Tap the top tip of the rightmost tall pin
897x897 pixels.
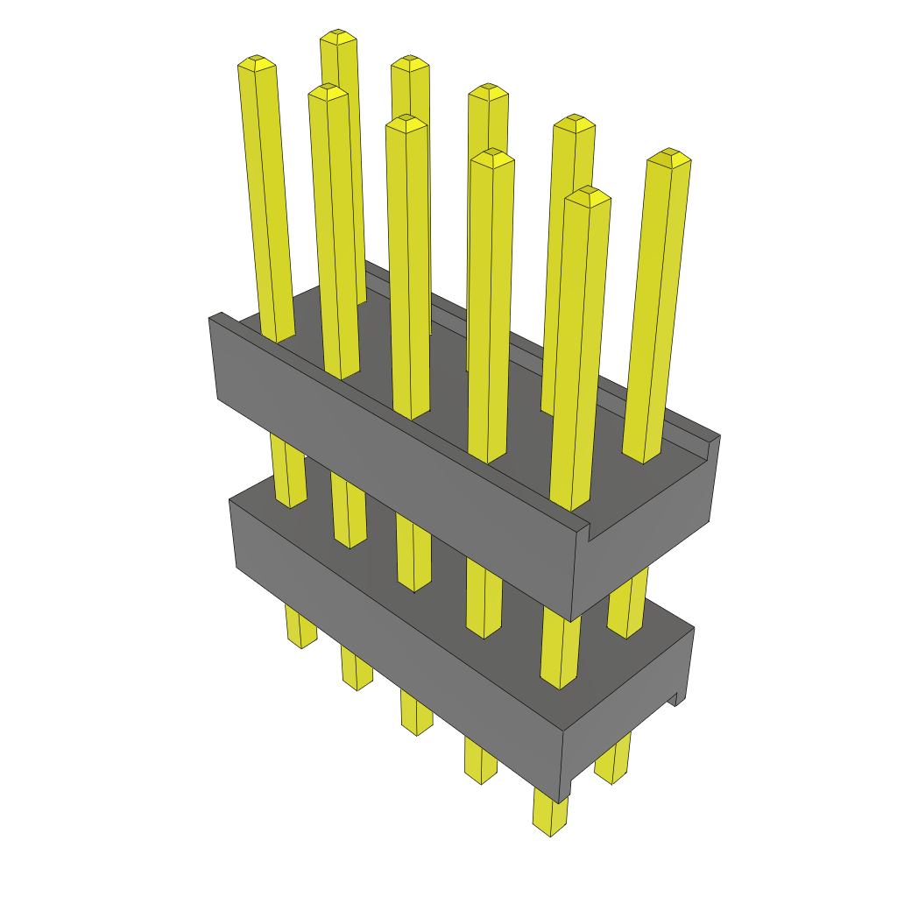point(669,156)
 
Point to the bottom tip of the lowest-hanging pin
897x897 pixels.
point(549,830)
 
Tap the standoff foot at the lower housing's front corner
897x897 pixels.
point(565,784)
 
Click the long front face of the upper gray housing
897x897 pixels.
point(394,464)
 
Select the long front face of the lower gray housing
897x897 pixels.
point(394,639)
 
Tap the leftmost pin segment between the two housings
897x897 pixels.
point(289,473)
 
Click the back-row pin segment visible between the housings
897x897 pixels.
point(627,604)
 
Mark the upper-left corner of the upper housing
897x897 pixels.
point(210,318)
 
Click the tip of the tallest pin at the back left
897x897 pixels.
point(338,36)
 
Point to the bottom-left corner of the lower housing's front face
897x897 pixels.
point(237,567)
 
